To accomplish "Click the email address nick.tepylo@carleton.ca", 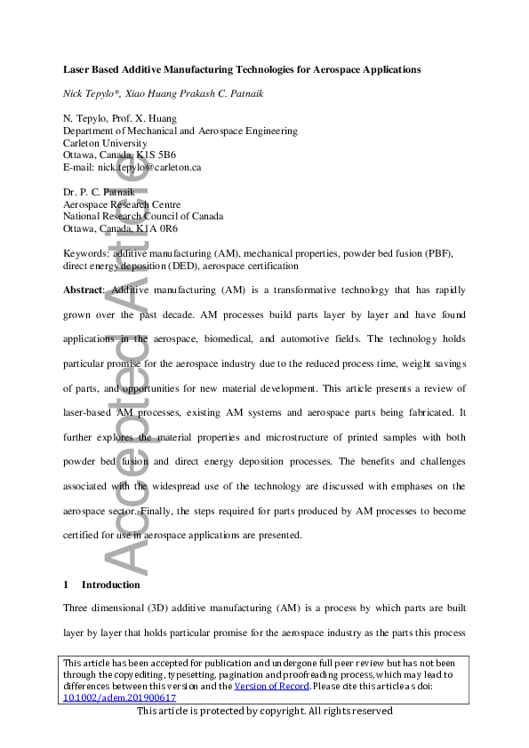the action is pyautogui.click(x=150, y=167).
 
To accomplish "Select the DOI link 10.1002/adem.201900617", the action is pyautogui.click(x=119, y=697).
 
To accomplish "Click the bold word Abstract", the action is pyautogui.click(x=83, y=290).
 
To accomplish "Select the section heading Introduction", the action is pyautogui.click(x=110, y=585).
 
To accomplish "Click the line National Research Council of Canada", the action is pyautogui.click(x=143, y=216).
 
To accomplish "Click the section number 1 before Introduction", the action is pyautogui.click(x=66, y=585).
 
